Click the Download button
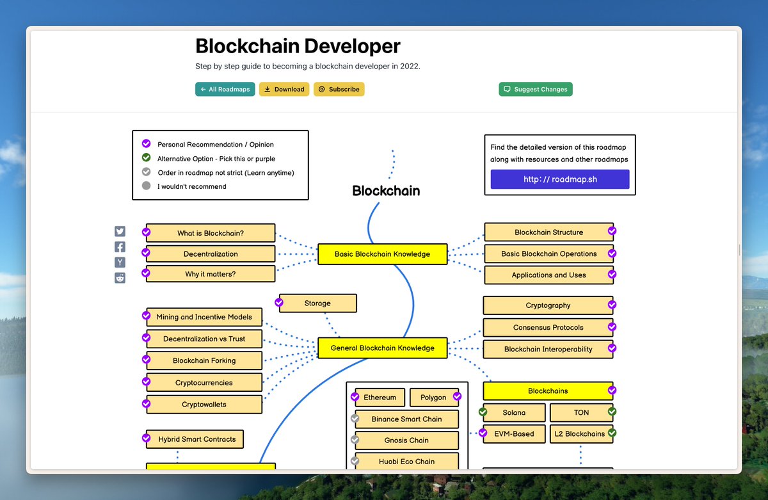284,89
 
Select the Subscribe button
339,89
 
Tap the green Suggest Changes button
536,89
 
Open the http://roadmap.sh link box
560,179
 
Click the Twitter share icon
120,231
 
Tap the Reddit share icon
120,278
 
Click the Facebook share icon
120,247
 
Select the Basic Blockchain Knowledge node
382,254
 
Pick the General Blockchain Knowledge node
382,348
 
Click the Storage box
318,303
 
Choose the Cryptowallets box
204,405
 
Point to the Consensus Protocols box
548,328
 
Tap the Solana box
514,412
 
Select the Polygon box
434,398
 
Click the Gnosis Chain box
406,440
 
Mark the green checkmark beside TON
612,411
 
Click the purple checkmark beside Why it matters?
146,273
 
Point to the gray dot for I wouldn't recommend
146,186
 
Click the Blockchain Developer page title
298,46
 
